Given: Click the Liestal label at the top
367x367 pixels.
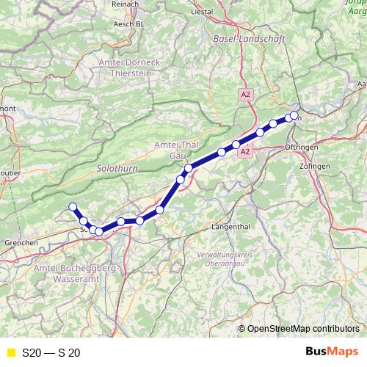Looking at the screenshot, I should click(202, 12).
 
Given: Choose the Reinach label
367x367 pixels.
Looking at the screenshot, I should click(125, 4).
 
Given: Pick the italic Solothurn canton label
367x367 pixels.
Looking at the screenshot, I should click(112, 168).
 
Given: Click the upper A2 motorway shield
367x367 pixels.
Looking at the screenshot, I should click(244, 95).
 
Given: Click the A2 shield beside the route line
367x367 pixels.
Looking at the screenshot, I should click(246, 152).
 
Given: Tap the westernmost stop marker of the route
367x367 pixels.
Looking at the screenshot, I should click(73, 206).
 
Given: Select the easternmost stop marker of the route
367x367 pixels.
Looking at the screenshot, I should click(295, 115).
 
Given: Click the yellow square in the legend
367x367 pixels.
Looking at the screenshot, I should click(10, 352).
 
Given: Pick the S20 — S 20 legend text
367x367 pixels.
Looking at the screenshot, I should click(51, 352).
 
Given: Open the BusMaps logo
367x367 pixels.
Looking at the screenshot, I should click(331, 352).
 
